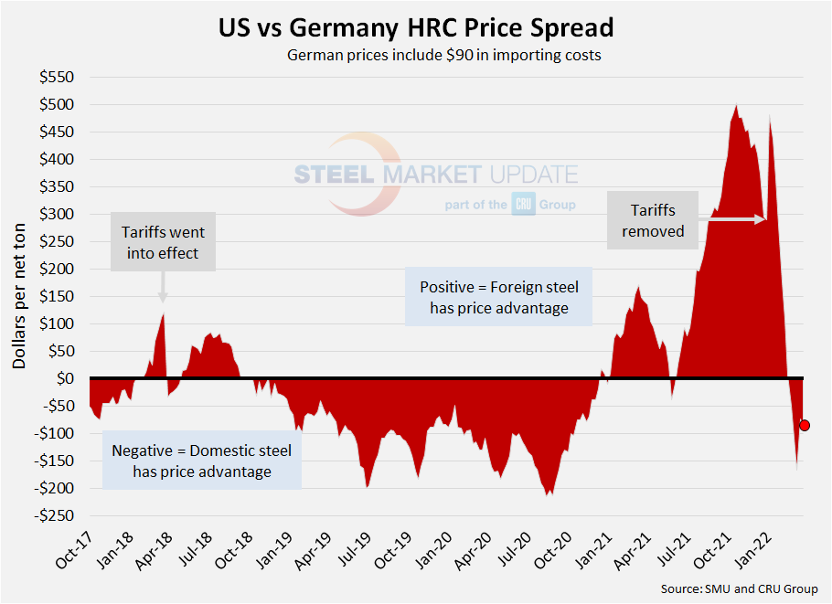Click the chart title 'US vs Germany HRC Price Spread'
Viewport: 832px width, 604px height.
click(416, 27)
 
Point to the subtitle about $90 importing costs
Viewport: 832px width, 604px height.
click(443, 56)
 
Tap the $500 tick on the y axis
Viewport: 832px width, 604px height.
click(56, 104)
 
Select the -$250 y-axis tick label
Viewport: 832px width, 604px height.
click(54, 515)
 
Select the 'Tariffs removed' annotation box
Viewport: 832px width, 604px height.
click(653, 221)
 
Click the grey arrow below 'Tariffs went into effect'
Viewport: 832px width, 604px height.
click(163, 287)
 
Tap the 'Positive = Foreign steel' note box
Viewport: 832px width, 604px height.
click(499, 298)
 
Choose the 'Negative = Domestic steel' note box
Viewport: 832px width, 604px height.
click(202, 461)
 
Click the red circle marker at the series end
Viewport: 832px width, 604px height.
click(805, 425)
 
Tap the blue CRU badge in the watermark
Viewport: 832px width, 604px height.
click(523, 206)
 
